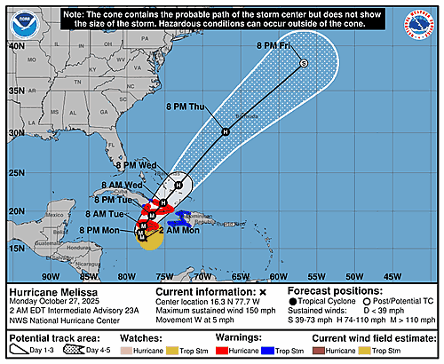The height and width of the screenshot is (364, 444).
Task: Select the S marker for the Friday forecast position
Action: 303,63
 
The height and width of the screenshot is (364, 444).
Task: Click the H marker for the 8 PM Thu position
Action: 226,131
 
